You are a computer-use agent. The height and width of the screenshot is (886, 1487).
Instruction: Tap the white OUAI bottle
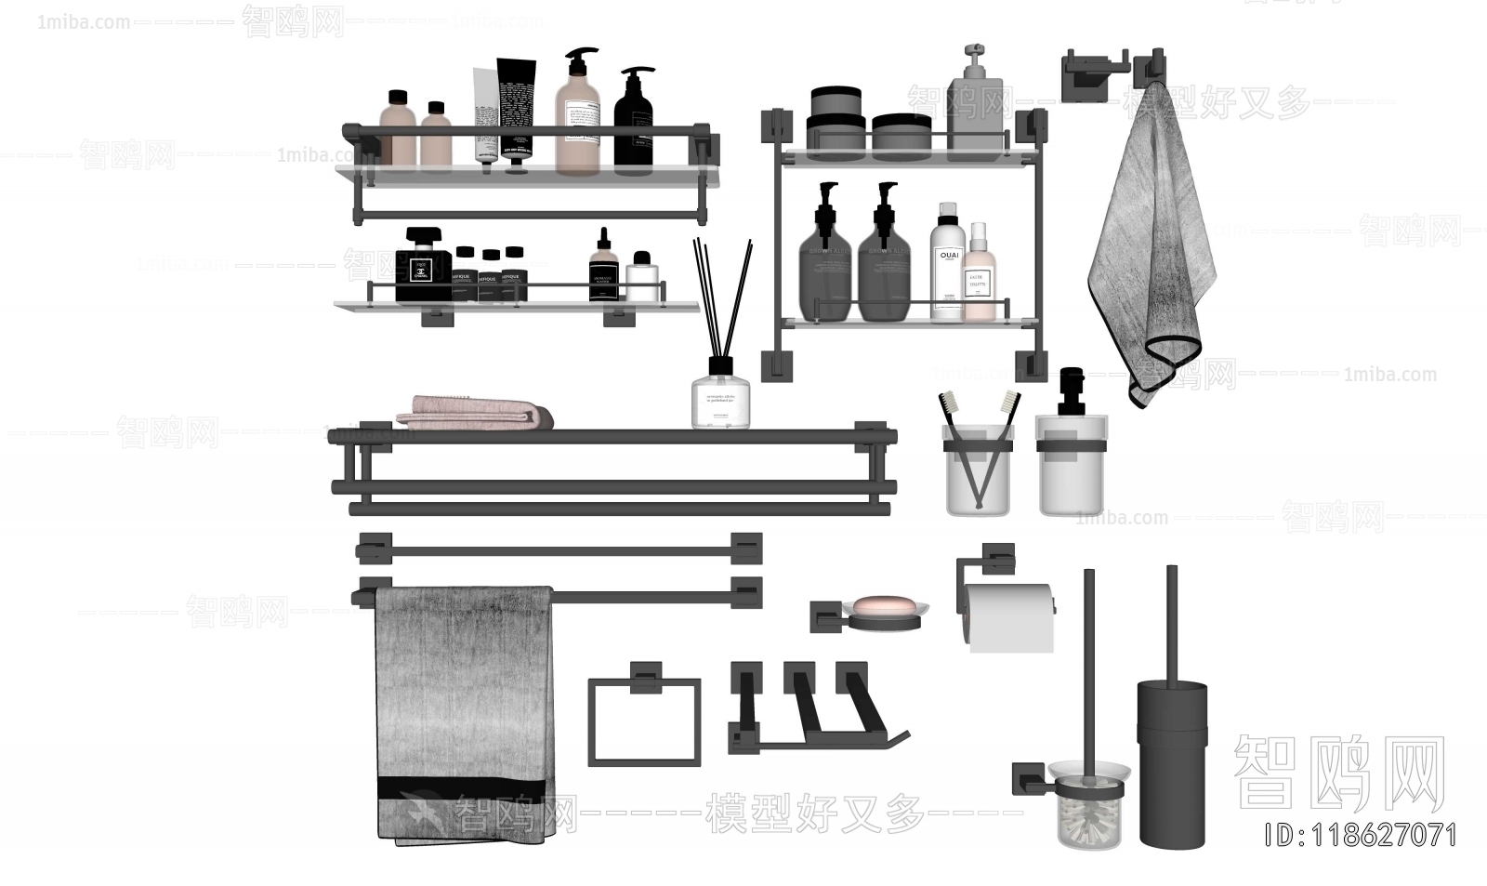pyautogui.click(x=946, y=265)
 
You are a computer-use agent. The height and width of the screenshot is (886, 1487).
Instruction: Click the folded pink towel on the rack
pyautogui.click(x=474, y=413)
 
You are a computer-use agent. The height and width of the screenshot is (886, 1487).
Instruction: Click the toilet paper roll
pyautogui.click(x=1008, y=616)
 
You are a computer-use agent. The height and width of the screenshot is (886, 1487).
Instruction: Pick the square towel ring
pyautogui.click(x=643, y=721)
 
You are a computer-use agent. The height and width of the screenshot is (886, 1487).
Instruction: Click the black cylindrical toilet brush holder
pyautogui.click(x=1172, y=762)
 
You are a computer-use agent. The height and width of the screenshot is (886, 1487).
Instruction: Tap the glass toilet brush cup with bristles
pyautogui.click(x=1089, y=807)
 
